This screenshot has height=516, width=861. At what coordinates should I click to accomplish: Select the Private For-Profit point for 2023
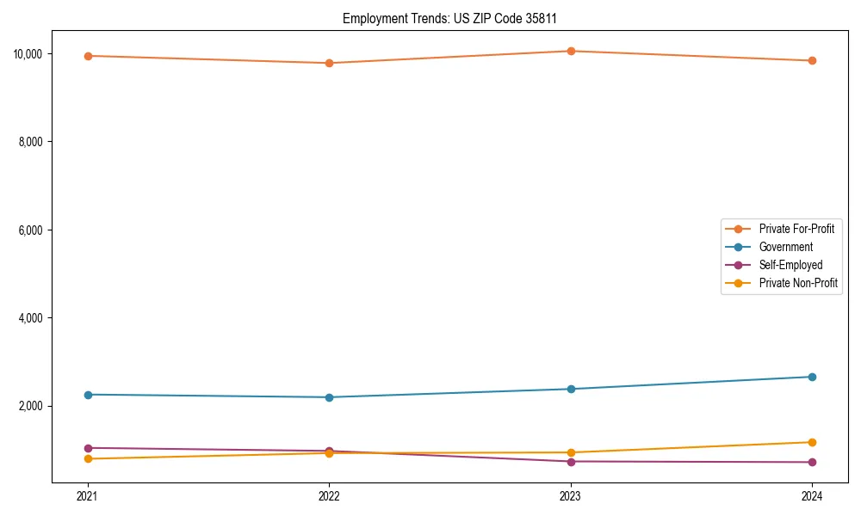tap(571, 51)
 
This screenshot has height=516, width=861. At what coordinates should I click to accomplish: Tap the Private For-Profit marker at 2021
tap(88, 56)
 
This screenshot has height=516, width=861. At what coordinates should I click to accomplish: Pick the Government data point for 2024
tap(812, 377)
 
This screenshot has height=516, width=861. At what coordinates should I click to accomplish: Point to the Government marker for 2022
tap(329, 397)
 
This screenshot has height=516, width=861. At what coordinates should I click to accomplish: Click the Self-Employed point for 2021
tap(88, 448)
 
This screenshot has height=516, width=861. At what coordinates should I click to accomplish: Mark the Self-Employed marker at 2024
tap(812, 462)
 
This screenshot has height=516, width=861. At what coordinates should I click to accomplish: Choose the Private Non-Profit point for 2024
tap(812, 442)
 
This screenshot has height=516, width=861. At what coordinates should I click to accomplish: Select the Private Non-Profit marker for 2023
tap(571, 452)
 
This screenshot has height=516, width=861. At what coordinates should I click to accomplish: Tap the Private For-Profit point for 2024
tap(812, 61)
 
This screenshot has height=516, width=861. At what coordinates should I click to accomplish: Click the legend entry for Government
tap(785, 247)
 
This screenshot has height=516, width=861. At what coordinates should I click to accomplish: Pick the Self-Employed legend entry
tap(790, 265)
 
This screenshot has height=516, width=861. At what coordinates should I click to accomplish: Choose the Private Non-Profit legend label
tap(798, 283)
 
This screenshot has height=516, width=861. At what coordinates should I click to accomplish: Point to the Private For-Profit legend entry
tap(796, 229)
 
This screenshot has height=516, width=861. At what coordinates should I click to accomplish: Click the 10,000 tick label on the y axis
tap(28, 54)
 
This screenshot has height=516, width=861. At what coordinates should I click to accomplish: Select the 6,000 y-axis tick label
tap(31, 230)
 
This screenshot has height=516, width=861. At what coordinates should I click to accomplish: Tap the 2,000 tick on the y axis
tap(31, 406)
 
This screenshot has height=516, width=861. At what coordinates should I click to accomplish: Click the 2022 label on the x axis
tap(329, 495)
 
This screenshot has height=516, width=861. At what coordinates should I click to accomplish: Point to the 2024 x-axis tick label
tap(812, 495)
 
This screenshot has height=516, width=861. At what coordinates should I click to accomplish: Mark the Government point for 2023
tap(571, 389)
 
